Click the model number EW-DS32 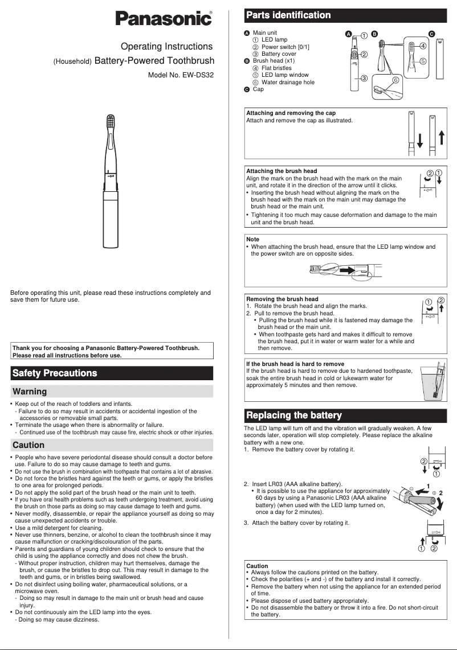pyautogui.click(x=181, y=75)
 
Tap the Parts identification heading pyautogui.click(x=288, y=15)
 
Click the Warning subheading pyautogui.click(x=30, y=392)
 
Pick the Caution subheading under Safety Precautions pyautogui.click(x=28, y=445)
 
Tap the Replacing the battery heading pyautogui.click(x=293, y=415)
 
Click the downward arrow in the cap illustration pyautogui.click(x=419, y=140)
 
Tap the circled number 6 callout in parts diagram pyautogui.click(x=395, y=80)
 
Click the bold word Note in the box pyautogui.click(x=252, y=239)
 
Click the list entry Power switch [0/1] pyautogui.click(x=285, y=47)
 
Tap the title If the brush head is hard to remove pyautogui.click(x=295, y=364)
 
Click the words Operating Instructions pyautogui.click(x=167, y=47)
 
